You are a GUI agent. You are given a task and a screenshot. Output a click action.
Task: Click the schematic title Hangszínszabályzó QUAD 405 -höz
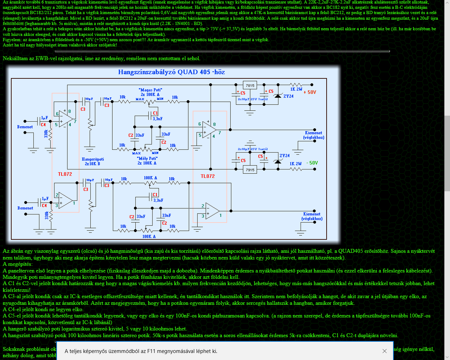point(171,72)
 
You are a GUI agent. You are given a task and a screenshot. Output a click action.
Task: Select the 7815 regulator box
point(250,85)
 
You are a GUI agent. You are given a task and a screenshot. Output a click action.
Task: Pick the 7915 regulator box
point(250,170)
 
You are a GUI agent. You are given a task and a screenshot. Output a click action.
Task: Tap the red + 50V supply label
point(310,92)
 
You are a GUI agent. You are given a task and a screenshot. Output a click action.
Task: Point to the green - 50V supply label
point(312,163)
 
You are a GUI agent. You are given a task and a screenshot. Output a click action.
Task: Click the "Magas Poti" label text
point(150,90)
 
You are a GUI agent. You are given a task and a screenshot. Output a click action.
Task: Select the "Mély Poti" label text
point(147,159)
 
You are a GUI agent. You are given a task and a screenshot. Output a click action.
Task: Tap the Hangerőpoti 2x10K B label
point(93,161)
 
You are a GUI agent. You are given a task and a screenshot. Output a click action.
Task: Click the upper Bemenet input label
point(25,127)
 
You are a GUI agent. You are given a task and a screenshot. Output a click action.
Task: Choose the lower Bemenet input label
point(25,208)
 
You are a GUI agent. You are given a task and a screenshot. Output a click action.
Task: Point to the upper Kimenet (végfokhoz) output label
point(314,135)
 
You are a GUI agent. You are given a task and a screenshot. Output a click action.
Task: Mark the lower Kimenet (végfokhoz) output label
point(312,216)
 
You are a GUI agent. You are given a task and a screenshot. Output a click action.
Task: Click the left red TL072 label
point(65,174)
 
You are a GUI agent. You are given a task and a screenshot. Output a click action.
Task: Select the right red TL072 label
point(207,176)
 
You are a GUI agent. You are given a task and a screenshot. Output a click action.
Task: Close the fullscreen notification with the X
point(385,351)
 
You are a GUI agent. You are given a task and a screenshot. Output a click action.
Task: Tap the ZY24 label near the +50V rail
point(288,96)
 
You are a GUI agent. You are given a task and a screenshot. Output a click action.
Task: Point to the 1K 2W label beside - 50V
point(296,163)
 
